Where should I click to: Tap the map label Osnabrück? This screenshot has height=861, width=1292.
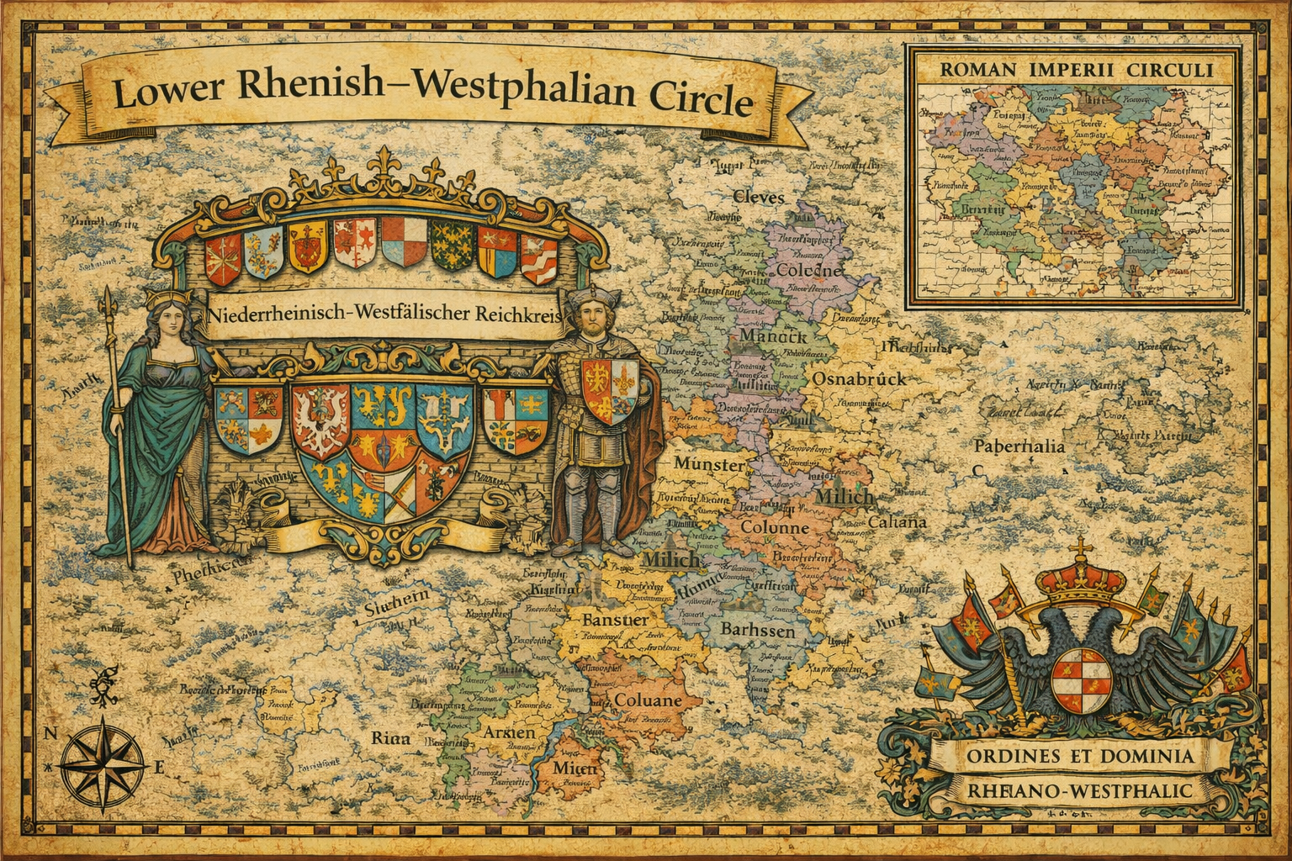coord(858,379)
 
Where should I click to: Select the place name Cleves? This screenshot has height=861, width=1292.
coord(759,198)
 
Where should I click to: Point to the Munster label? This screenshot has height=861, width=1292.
coord(708,464)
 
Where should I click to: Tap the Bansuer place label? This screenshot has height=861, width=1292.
coord(615,620)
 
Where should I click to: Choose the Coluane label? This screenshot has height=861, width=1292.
coord(648,700)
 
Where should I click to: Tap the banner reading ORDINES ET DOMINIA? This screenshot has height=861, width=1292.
coord(1074,756)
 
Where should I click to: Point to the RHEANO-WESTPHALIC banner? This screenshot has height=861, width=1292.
coord(1074,791)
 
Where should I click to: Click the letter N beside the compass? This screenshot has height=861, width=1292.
coord(50,732)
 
